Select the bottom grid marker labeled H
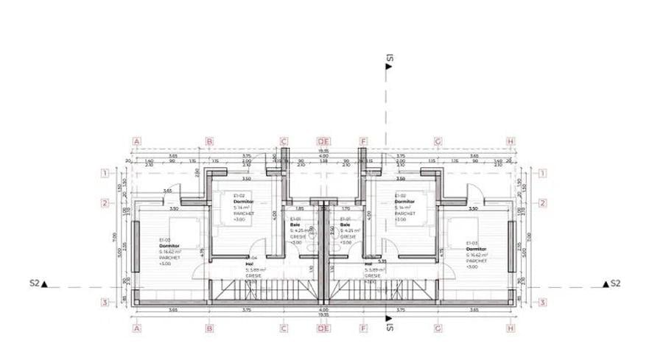tap(510, 328)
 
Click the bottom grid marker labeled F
tap(363, 328)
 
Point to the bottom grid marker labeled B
tap(209, 328)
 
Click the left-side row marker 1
tap(105, 174)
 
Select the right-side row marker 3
tap(541, 302)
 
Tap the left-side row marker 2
tap(105, 203)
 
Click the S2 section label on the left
tap(34, 283)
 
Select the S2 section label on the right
tap(616, 283)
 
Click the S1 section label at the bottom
tap(388, 326)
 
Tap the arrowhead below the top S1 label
tap(388, 66)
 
